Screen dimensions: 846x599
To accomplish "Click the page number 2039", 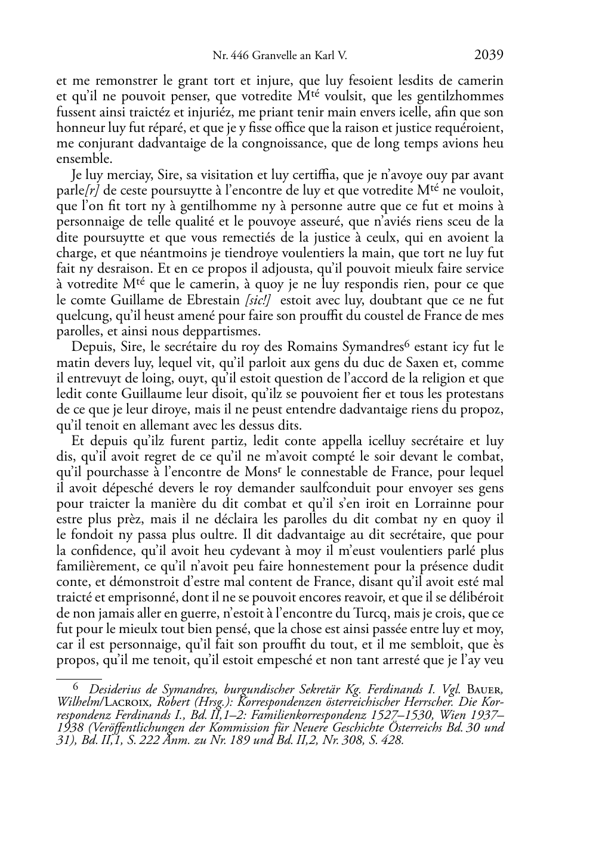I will click(489, 55).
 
